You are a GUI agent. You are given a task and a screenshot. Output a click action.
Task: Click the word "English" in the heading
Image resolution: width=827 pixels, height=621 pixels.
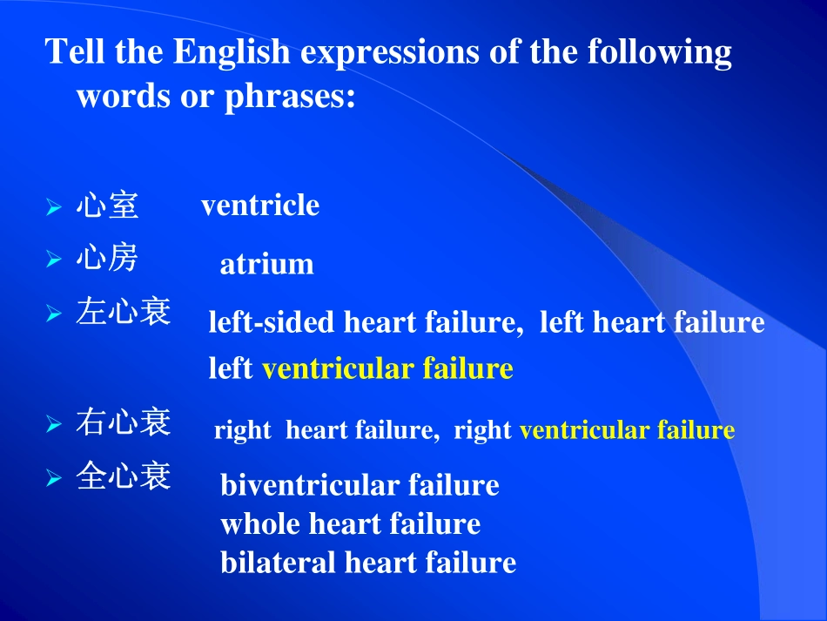tap(232, 54)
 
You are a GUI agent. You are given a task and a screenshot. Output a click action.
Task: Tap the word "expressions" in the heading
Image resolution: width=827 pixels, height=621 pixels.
tap(388, 54)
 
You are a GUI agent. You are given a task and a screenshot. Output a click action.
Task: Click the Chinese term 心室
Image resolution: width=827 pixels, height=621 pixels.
tap(106, 206)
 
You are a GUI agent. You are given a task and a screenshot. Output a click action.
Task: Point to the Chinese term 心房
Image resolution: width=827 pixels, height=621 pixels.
tap(106, 258)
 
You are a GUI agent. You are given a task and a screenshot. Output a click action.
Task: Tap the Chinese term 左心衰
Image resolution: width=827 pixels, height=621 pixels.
tap(123, 312)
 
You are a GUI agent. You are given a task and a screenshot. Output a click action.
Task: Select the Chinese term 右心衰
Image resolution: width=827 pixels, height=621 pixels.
tap(123, 424)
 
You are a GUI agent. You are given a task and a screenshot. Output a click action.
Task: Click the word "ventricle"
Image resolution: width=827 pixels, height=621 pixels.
tap(260, 206)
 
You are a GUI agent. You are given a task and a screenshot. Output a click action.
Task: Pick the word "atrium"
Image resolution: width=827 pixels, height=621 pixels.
tap(266, 264)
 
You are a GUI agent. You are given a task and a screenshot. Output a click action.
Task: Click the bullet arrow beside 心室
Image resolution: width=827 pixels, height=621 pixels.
tap(54, 208)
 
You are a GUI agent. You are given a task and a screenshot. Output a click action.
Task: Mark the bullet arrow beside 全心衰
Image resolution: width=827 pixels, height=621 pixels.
tap(54, 478)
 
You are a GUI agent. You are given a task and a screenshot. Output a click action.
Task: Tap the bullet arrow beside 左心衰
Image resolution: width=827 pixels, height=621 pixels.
tap(54, 314)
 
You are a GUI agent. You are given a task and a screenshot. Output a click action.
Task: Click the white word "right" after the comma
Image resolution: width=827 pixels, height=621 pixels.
tap(482, 431)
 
